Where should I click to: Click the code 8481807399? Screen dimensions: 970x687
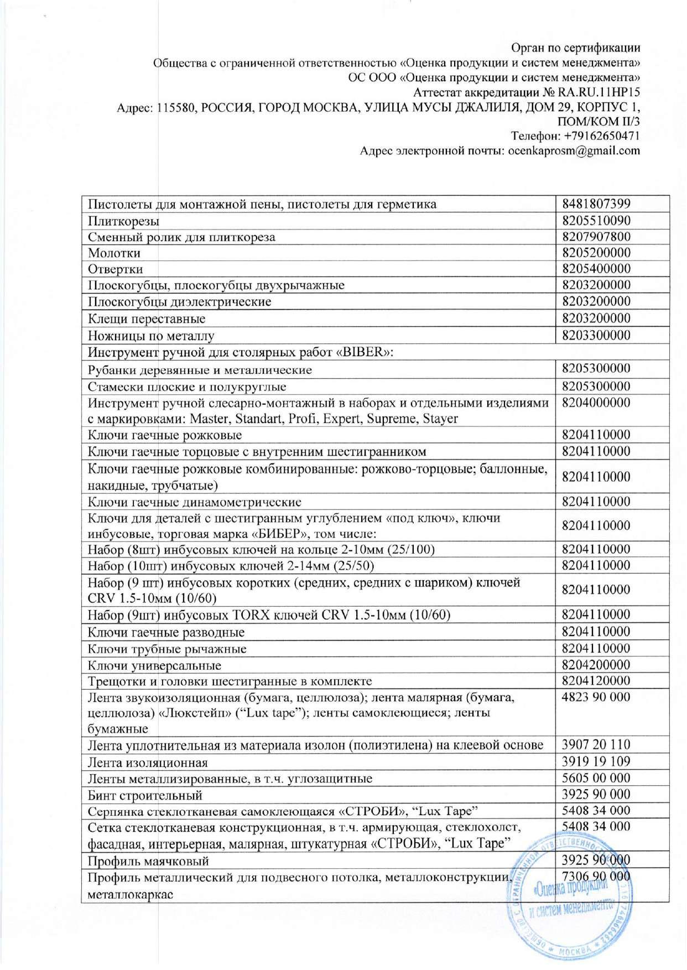596,204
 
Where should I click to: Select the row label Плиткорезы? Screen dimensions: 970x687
123,221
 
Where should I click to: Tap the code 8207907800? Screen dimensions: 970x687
596,237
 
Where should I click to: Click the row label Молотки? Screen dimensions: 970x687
114,253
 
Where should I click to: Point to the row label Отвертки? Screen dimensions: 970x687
115,269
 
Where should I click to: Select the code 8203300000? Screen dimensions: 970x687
596,335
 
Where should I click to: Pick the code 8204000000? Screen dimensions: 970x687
596,403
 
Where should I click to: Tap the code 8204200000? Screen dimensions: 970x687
596,665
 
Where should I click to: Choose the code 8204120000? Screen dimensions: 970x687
596,681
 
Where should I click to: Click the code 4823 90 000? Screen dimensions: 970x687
596,697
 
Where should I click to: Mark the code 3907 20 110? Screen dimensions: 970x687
596,744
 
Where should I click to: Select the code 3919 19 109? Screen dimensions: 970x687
596,762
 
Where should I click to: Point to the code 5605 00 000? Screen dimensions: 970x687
596,778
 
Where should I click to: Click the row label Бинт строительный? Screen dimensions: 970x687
145,795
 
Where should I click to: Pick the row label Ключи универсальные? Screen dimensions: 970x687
154,665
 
